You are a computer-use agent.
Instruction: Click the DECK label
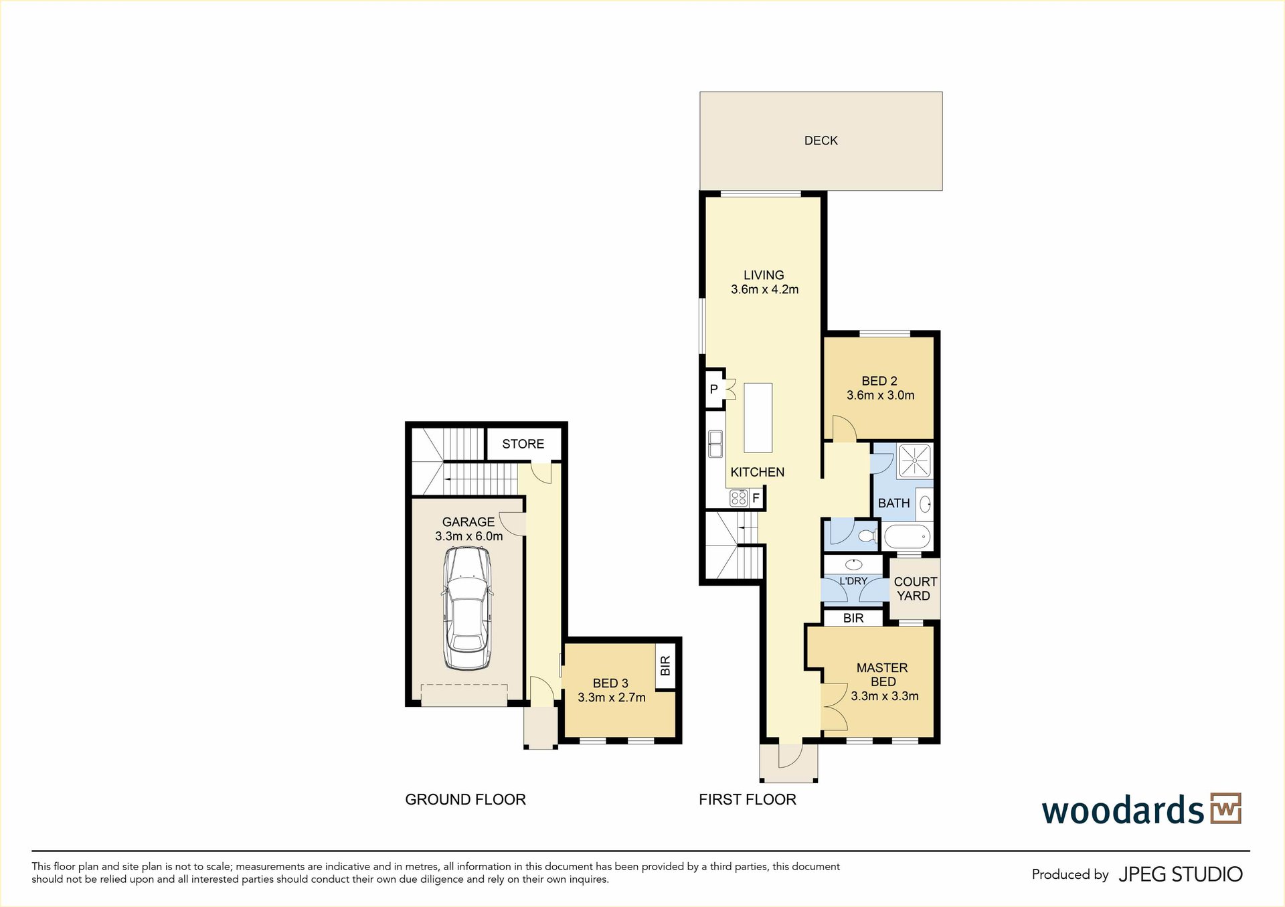pos(821,141)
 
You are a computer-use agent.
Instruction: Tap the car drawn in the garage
pos(467,608)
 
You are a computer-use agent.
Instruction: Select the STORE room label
pos(523,444)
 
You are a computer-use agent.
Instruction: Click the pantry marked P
pos(714,389)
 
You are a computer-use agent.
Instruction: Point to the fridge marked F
pos(756,497)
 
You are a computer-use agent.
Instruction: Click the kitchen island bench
pos(758,417)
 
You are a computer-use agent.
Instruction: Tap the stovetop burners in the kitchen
pos(738,498)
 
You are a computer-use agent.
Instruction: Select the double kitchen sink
pos(715,444)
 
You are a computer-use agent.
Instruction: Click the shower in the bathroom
pos(914,461)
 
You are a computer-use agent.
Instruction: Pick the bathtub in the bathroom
pos(908,537)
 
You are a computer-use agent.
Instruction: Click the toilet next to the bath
pos(867,536)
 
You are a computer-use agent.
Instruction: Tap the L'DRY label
pos(853,581)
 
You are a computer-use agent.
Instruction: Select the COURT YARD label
pos(915,589)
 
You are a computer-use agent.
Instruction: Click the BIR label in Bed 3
pos(665,665)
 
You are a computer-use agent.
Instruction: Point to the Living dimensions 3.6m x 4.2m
pos(764,290)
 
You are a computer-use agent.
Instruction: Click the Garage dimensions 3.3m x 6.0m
pos(468,536)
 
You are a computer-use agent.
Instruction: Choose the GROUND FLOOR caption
pos(465,799)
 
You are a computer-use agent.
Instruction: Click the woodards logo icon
pos(1226,808)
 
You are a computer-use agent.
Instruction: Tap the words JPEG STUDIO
pos(1181,874)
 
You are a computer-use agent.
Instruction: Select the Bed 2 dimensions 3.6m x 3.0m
pos(880,396)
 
